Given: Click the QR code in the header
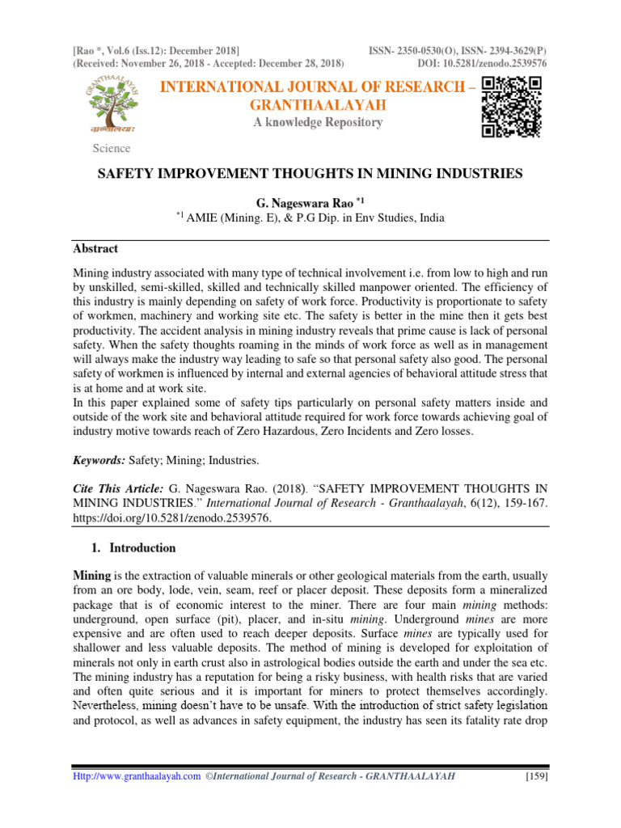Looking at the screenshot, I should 511,107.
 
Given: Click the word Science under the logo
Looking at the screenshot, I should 112,148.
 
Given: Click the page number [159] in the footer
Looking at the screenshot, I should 532,777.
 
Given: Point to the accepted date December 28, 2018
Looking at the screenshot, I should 302,63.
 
